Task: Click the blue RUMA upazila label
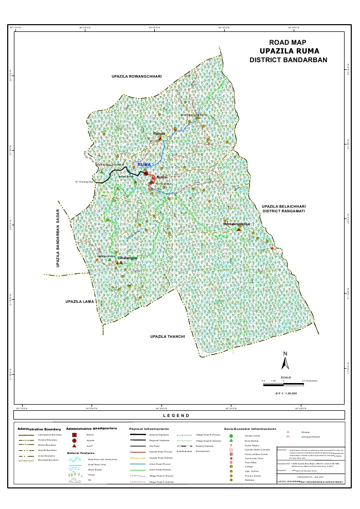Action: coord(145,165)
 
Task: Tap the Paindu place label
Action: coord(158,134)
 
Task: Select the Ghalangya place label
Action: coord(128,258)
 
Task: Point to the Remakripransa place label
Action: coord(236,224)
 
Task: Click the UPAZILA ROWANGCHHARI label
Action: coord(137,76)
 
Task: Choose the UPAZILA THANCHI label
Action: coord(167,336)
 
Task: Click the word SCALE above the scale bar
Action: coord(286,377)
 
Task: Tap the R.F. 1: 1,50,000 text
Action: coord(286,393)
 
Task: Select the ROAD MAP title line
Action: coord(288,42)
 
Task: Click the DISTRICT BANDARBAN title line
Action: coord(288,60)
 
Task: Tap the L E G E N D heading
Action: coord(176,415)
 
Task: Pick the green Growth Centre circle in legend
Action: coord(231,436)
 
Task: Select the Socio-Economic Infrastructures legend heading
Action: coord(250,428)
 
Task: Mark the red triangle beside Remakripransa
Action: coord(239,229)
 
